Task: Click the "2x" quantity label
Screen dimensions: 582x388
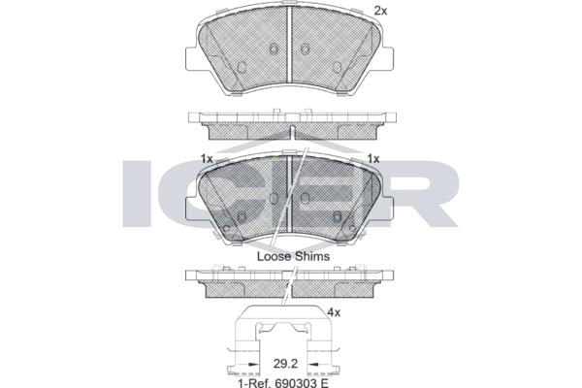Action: (x=380, y=11)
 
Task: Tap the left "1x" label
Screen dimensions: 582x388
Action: (x=207, y=159)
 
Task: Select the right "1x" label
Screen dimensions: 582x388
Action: (x=373, y=159)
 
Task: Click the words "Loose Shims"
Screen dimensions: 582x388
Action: (x=293, y=256)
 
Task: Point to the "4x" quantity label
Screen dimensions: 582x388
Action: (x=334, y=313)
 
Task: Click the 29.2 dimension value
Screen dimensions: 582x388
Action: (x=285, y=364)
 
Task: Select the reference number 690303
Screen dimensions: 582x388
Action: (x=296, y=382)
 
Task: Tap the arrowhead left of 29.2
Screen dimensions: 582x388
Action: (x=253, y=365)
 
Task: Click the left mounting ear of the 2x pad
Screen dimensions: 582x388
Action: (x=191, y=58)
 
